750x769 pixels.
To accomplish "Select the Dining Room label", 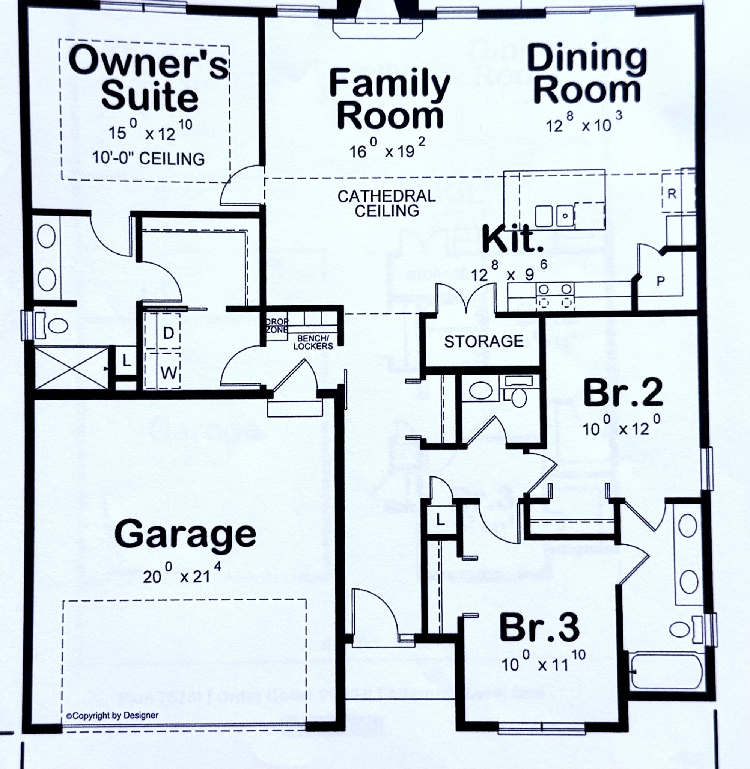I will (587, 74).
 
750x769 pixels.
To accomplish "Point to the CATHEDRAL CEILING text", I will (386, 203).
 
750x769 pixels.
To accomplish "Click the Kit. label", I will (512, 239).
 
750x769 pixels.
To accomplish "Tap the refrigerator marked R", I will (672, 194).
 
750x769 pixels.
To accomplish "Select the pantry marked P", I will (661, 281).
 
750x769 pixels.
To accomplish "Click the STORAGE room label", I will (484, 341).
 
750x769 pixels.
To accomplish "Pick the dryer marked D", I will (168, 333).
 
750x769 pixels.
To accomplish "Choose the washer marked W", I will (169, 372).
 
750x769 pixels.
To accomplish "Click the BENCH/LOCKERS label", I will (313, 342).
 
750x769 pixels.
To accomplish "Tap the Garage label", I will (185, 534).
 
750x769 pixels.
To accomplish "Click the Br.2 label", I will (623, 394).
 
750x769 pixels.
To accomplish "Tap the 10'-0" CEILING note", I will (149, 158).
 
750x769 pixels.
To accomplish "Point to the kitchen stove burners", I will (555, 296).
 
